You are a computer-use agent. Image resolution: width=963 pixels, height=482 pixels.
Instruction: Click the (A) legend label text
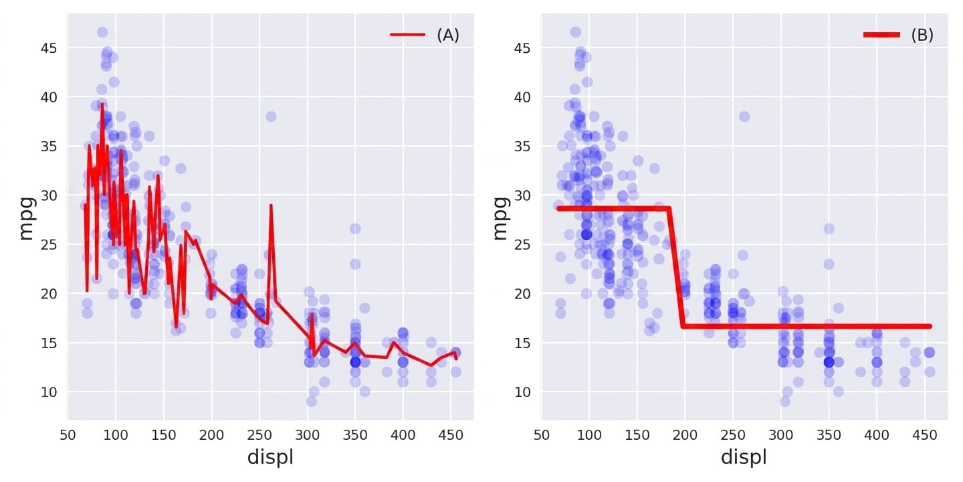pyautogui.click(x=448, y=35)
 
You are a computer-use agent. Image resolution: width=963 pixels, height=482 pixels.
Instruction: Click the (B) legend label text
pyautogui.click(x=922, y=35)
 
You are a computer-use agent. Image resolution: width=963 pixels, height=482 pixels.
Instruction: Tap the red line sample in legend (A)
pyautogui.click(x=407, y=34)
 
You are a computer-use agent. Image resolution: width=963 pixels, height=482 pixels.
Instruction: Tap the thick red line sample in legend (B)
pyautogui.click(x=881, y=34)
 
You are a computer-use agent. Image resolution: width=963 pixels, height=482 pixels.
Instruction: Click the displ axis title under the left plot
pyautogui.click(x=270, y=457)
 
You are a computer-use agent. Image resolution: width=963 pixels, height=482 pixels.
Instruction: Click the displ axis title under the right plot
pyautogui.click(x=744, y=457)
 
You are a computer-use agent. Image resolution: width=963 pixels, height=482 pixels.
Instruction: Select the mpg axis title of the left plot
pyautogui.click(x=27, y=218)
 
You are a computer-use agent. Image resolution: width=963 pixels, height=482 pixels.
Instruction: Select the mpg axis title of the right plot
pyautogui.click(x=500, y=218)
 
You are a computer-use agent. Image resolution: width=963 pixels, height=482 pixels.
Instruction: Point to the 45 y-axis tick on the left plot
pyautogui.click(x=49, y=48)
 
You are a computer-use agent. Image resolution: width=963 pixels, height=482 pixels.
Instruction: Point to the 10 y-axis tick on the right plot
pyautogui.click(x=522, y=392)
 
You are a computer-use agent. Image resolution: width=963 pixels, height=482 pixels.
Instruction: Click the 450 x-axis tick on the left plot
pyautogui.click(x=451, y=435)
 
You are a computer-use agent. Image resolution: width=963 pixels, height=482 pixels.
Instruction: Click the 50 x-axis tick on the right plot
pyautogui.click(x=541, y=435)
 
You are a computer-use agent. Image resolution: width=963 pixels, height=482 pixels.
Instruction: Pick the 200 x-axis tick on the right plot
pyautogui.click(x=685, y=435)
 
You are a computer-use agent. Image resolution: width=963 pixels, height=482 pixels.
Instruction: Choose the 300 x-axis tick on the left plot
pyautogui.click(x=308, y=435)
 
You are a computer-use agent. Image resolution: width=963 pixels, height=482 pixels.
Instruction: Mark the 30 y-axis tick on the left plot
pyautogui.click(x=49, y=195)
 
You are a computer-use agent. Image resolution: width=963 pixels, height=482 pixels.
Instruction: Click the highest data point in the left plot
pyautogui.click(x=102, y=32)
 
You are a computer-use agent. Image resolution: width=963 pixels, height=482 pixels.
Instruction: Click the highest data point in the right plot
pyautogui.click(x=576, y=32)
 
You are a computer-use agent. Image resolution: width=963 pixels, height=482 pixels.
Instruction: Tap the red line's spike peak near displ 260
pyautogui.click(x=271, y=206)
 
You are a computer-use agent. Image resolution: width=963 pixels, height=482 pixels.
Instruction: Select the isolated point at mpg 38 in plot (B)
pyautogui.click(x=744, y=116)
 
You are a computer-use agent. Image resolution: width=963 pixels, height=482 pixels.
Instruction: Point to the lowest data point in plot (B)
pyautogui.click(x=784, y=402)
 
